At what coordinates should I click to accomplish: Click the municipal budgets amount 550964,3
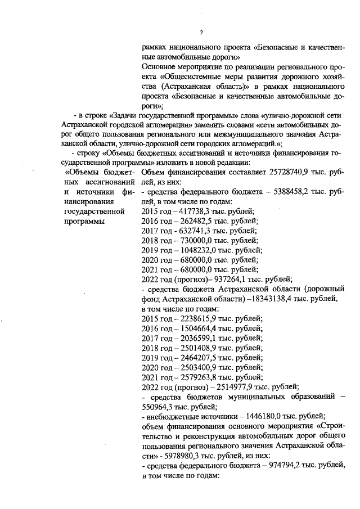click(x=159, y=408)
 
